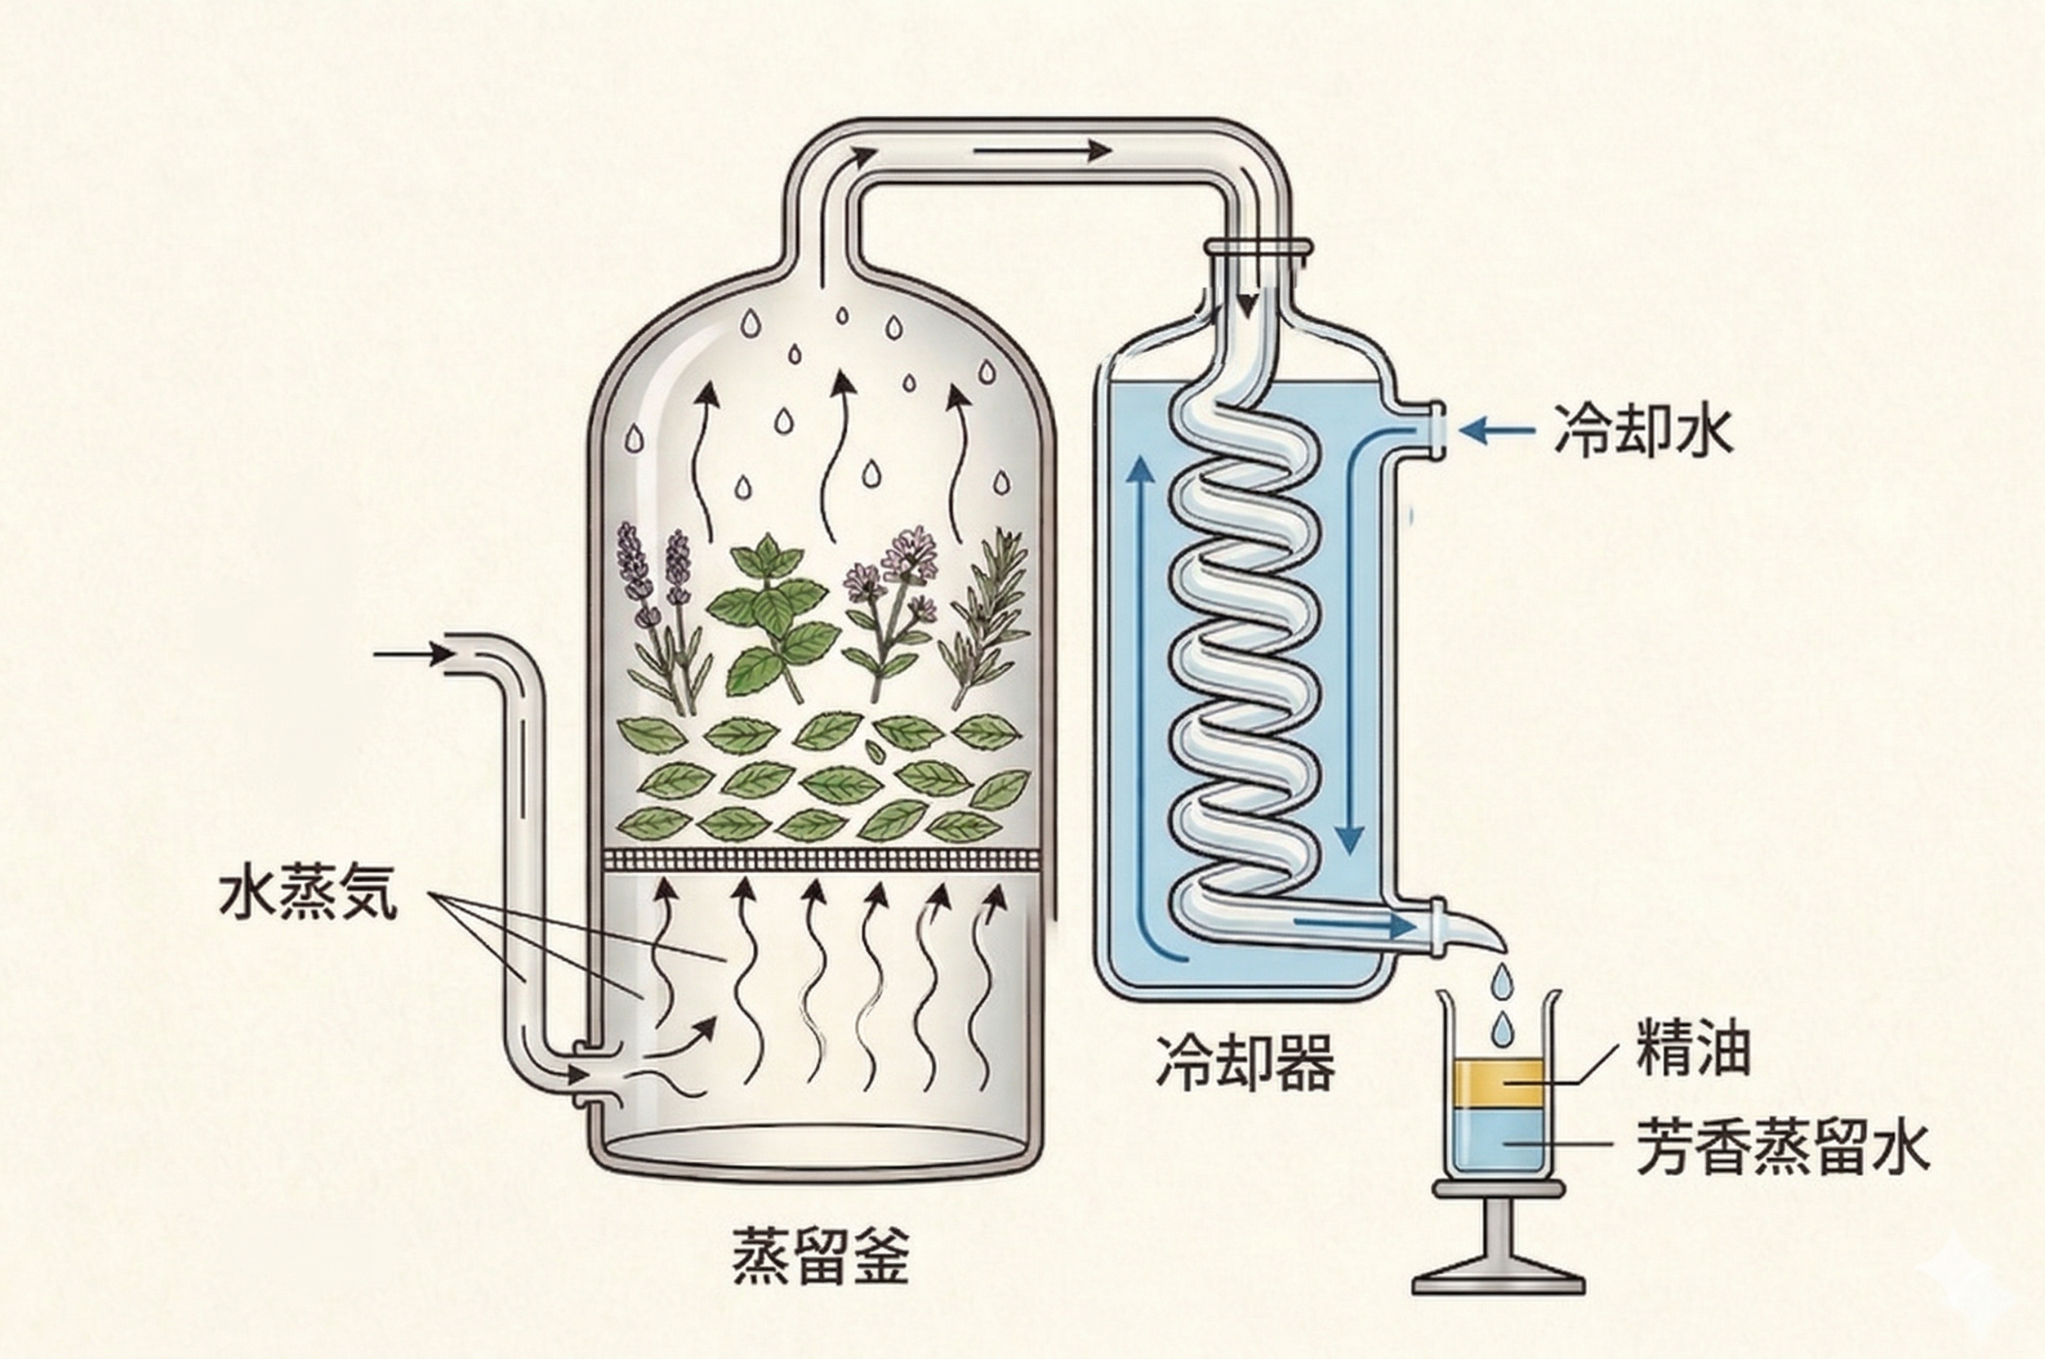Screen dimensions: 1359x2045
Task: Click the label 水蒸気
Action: point(308,896)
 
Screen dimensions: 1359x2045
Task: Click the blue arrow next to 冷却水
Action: point(1490,430)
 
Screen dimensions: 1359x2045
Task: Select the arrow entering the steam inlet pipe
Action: point(408,655)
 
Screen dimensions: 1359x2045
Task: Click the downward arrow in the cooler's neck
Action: point(1247,312)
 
